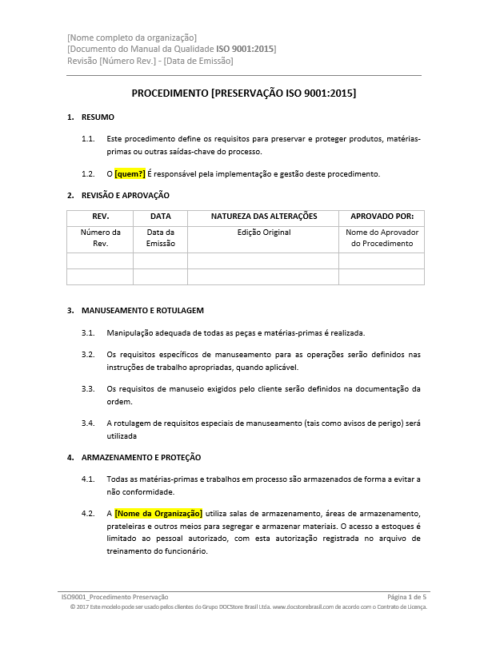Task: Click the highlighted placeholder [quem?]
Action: point(130,173)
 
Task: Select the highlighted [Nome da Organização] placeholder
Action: point(158,513)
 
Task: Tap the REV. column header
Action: point(101,217)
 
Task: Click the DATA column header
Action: point(161,217)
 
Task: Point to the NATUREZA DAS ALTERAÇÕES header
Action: point(264,217)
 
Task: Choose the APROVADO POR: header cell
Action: point(382,217)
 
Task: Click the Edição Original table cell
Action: point(264,233)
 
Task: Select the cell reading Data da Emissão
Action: point(161,238)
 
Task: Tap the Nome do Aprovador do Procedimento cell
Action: point(382,238)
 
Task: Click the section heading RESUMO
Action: point(98,117)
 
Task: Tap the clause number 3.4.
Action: point(89,423)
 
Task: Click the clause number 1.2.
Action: point(89,173)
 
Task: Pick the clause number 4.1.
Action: point(89,479)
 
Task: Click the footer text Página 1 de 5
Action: point(406,597)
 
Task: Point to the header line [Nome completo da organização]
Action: point(132,38)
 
